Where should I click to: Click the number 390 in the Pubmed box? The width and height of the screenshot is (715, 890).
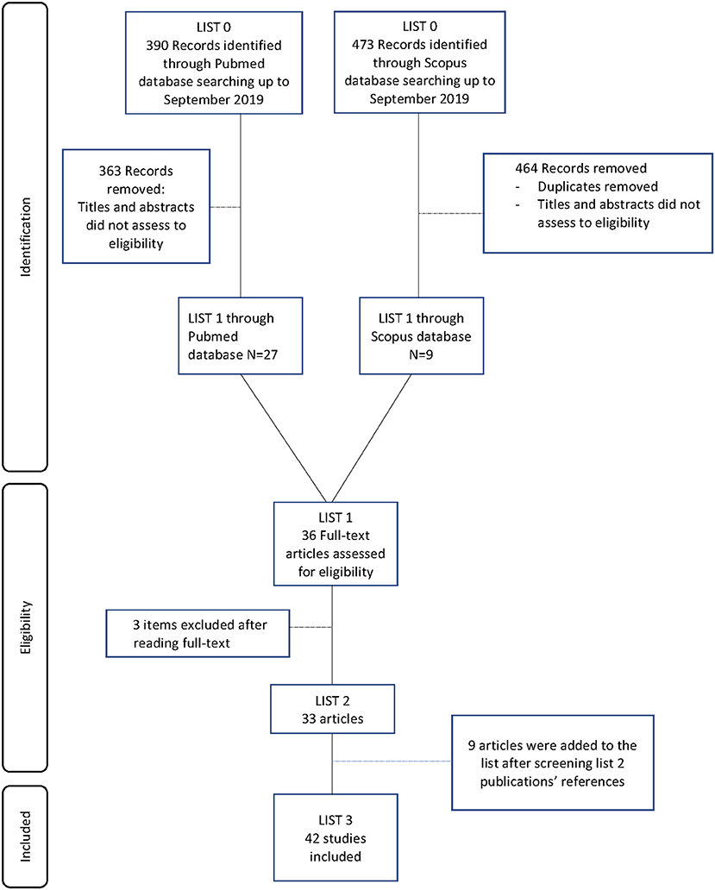coord(157,46)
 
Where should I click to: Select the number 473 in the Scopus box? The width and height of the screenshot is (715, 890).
coord(363,44)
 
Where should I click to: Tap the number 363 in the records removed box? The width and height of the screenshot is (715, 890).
coord(110,171)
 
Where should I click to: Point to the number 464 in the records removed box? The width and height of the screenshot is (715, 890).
coord(527,168)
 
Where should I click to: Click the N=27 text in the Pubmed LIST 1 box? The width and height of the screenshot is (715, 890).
coord(262,354)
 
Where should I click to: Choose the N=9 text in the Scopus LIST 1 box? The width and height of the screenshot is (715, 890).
coord(421,354)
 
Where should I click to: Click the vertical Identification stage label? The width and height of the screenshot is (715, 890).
coord(26,237)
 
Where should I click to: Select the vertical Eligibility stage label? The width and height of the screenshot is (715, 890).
coord(26,627)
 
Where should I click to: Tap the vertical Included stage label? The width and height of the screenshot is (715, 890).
coord(26,836)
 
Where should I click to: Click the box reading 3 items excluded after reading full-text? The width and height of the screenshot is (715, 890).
coord(198,634)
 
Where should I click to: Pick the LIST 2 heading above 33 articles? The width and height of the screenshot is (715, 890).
coord(333,701)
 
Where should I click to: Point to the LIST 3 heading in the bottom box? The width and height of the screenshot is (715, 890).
coord(336,820)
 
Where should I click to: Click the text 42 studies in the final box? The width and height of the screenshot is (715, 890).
coord(336,838)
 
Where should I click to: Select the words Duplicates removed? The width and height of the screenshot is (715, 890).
coord(598,187)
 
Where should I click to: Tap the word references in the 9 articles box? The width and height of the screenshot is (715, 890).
coord(591,781)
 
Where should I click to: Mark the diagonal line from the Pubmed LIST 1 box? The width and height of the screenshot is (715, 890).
coord(284,437)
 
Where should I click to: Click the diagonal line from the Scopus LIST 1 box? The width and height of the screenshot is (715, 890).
coord(372,437)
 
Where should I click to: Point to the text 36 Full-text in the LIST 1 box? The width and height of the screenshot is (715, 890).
coord(336,536)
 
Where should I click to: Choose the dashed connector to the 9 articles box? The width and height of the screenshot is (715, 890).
coord(392,762)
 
